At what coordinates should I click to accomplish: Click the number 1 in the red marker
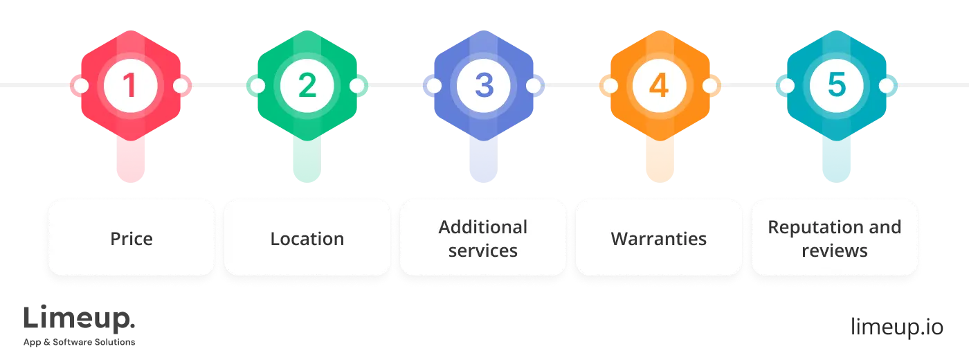(130, 86)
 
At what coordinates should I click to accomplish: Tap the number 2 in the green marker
(307, 86)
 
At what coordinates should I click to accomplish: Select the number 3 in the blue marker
(483, 86)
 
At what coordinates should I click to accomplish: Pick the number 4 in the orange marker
(659, 86)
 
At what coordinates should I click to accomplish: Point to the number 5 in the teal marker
(835, 86)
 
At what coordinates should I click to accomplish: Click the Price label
(131, 239)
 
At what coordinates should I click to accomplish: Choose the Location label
(307, 239)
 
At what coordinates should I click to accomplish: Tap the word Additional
(483, 227)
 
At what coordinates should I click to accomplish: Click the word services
(483, 251)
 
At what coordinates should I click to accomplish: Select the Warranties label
(659, 239)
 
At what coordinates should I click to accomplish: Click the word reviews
(835, 251)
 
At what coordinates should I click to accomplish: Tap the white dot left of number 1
(80, 86)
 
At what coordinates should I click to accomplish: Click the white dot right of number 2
(357, 86)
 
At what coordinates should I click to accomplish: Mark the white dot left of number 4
(609, 86)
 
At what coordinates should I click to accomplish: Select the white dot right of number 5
(886, 86)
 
